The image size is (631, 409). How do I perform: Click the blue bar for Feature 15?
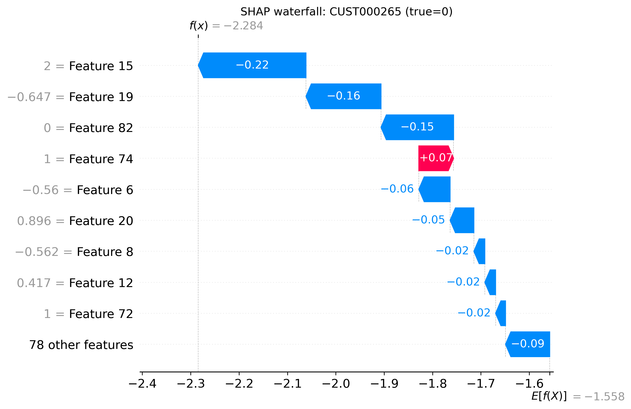pyautogui.click(x=252, y=65)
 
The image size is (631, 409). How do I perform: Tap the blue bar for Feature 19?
pyautogui.click(x=344, y=96)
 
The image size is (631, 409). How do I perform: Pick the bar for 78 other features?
pyautogui.click(x=528, y=344)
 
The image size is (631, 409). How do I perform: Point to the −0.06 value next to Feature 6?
pyautogui.click(x=397, y=189)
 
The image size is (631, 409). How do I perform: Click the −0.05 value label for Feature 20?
pyautogui.click(x=428, y=220)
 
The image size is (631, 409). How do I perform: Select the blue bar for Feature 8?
pyautogui.click(x=480, y=251)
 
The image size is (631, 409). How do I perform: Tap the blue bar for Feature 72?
pyautogui.click(x=501, y=313)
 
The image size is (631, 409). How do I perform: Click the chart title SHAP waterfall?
pyautogui.click(x=346, y=12)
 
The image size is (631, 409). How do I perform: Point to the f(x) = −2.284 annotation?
pyautogui.click(x=226, y=26)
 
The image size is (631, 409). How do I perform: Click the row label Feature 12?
pyautogui.click(x=101, y=283)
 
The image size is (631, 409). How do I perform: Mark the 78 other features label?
pyautogui.click(x=81, y=345)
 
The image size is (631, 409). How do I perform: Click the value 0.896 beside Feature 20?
pyautogui.click(x=34, y=221)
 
